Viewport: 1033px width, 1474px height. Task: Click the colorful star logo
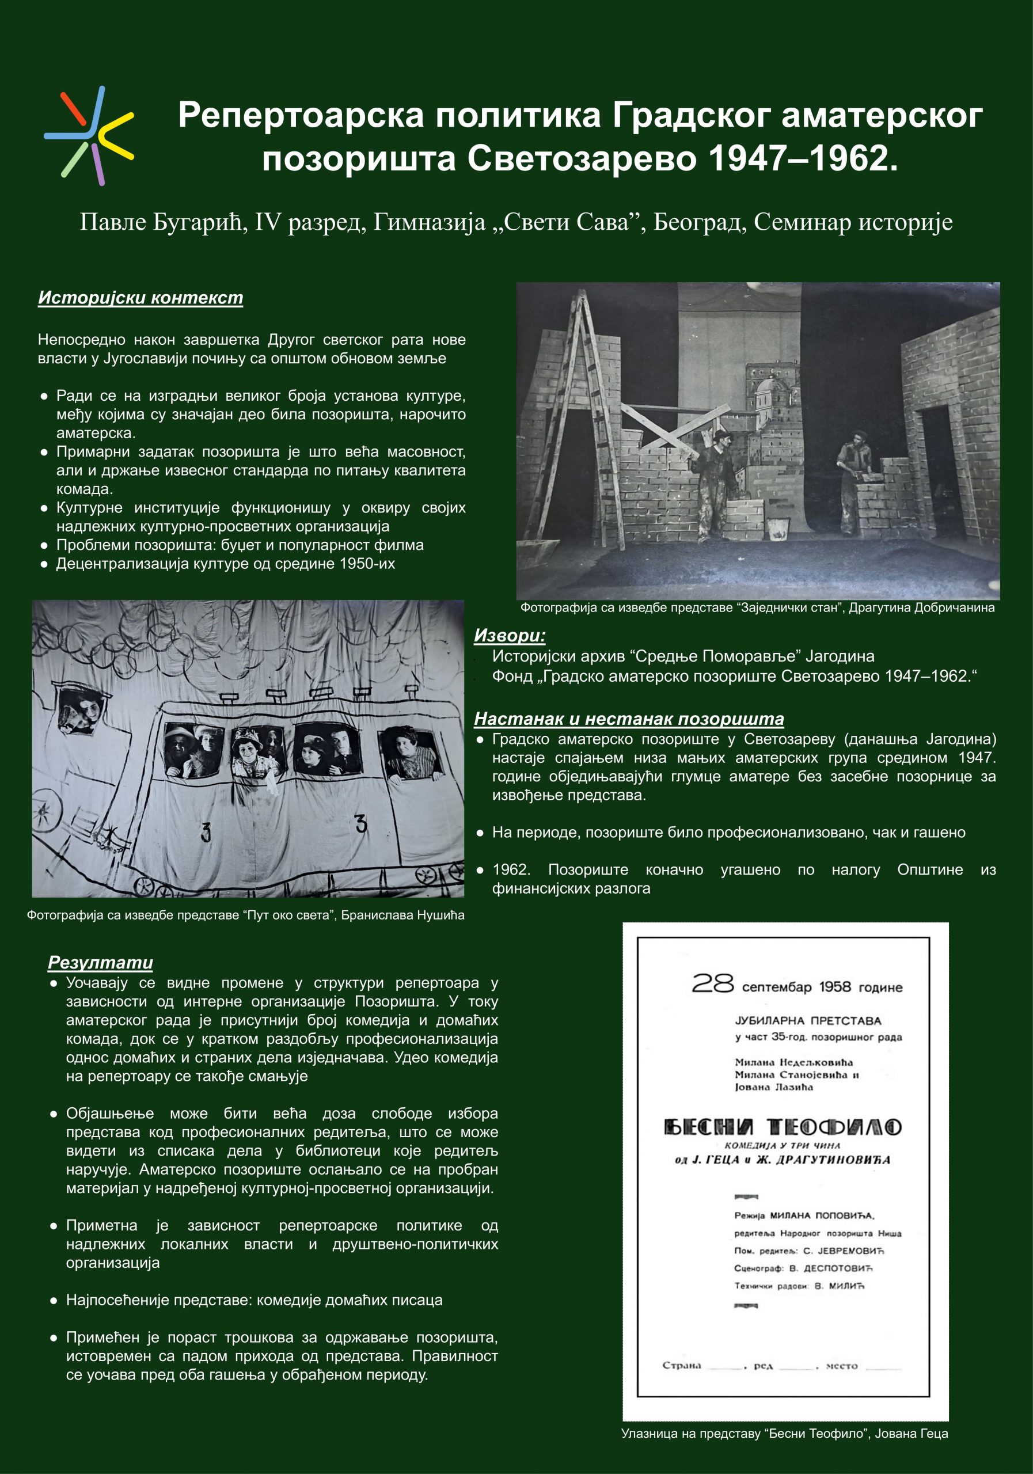pyautogui.click(x=89, y=135)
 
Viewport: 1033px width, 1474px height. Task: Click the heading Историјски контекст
pyautogui.click(x=140, y=298)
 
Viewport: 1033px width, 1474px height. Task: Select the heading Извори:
pyautogui.click(x=510, y=636)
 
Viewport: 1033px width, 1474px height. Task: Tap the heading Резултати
pyautogui.click(x=100, y=963)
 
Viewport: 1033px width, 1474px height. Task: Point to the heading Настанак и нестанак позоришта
pyautogui.click(x=629, y=719)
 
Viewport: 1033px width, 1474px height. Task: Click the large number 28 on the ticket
pyautogui.click(x=712, y=983)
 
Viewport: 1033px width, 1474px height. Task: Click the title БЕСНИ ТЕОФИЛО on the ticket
pyautogui.click(x=782, y=1127)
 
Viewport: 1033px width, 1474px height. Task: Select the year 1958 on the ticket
pyautogui.click(x=834, y=987)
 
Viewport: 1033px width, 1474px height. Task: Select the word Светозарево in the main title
pyautogui.click(x=582, y=158)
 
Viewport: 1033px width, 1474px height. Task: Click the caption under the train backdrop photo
pyautogui.click(x=245, y=915)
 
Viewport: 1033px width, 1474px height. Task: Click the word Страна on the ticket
pyautogui.click(x=681, y=1366)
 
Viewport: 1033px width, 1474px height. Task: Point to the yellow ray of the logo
pyautogui.click(x=117, y=136)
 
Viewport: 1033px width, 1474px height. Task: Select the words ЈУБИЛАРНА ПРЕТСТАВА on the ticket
pyautogui.click(x=808, y=1021)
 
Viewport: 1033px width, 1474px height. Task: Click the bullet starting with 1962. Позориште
pyautogui.click(x=736, y=879)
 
